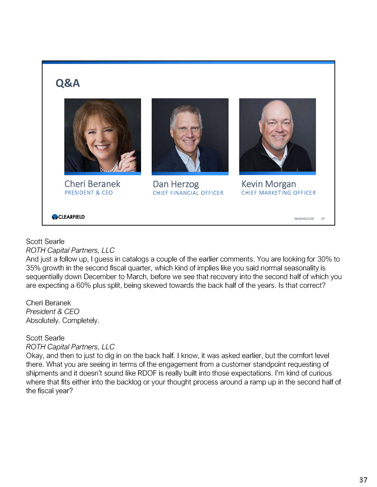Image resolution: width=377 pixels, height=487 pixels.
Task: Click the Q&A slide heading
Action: point(68,83)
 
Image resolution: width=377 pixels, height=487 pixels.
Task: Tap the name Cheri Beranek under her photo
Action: point(92,184)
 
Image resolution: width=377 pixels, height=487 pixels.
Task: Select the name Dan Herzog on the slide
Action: point(176,184)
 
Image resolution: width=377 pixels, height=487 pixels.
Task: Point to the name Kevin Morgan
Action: point(268,184)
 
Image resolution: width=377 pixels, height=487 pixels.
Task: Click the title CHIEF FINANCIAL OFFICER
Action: point(188,193)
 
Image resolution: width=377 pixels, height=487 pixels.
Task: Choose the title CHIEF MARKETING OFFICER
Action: point(278,193)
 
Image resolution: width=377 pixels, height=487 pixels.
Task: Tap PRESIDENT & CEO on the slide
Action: point(88,193)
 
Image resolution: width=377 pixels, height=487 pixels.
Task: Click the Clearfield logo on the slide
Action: point(68,217)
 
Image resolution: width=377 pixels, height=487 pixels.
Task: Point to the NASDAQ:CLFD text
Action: point(304,219)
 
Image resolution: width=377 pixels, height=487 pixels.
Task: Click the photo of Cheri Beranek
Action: point(102,135)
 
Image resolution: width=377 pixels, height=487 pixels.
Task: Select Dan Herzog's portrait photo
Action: point(190,135)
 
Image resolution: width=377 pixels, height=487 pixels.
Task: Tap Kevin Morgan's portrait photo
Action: point(277,135)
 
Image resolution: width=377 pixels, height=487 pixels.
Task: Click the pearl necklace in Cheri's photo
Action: point(108,168)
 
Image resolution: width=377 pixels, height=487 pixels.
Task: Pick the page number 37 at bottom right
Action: point(363,480)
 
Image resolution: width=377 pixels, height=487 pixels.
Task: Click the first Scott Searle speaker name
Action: point(45,241)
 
